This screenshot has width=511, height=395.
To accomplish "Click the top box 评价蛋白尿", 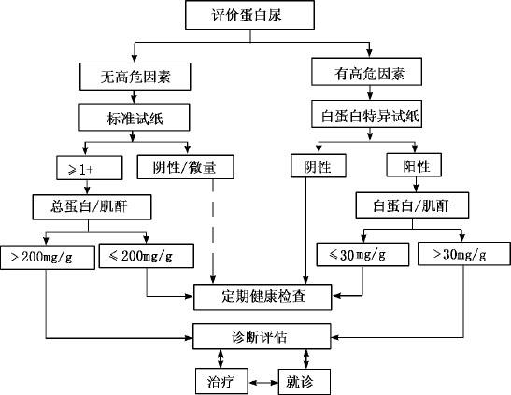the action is (x=249, y=15).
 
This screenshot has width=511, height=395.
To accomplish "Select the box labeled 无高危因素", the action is (x=135, y=77).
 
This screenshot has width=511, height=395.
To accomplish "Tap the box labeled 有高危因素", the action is (x=366, y=72).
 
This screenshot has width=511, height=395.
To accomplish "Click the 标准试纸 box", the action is (x=135, y=118).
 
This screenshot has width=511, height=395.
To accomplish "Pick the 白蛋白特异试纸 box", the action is (x=366, y=114).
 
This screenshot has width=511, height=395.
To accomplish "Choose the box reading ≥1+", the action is (x=90, y=168).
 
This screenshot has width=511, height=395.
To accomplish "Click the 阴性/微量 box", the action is (x=185, y=167).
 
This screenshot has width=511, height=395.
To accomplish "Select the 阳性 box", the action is (x=414, y=165).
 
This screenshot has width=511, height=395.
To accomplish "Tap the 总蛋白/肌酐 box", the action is (x=92, y=207).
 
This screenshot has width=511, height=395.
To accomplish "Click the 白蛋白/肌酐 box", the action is (x=412, y=205).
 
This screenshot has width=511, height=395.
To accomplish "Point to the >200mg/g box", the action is (x=48, y=257).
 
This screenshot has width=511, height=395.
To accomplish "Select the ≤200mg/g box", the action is (x=147, y=256).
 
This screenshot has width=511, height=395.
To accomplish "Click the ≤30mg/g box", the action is (x=362, y=254).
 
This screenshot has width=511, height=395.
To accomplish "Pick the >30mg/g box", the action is (x=464, y=254).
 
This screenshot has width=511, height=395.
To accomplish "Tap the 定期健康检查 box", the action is (x=263, y=297).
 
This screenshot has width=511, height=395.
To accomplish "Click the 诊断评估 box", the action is (x=262, y=336).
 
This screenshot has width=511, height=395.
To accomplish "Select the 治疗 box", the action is (x=221, y=381).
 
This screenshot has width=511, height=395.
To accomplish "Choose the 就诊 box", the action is (x=305, y=382).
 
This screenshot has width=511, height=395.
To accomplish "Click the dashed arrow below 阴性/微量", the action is (x=213, y=232).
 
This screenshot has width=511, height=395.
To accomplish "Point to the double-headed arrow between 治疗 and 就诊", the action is (x=263, y=382).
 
